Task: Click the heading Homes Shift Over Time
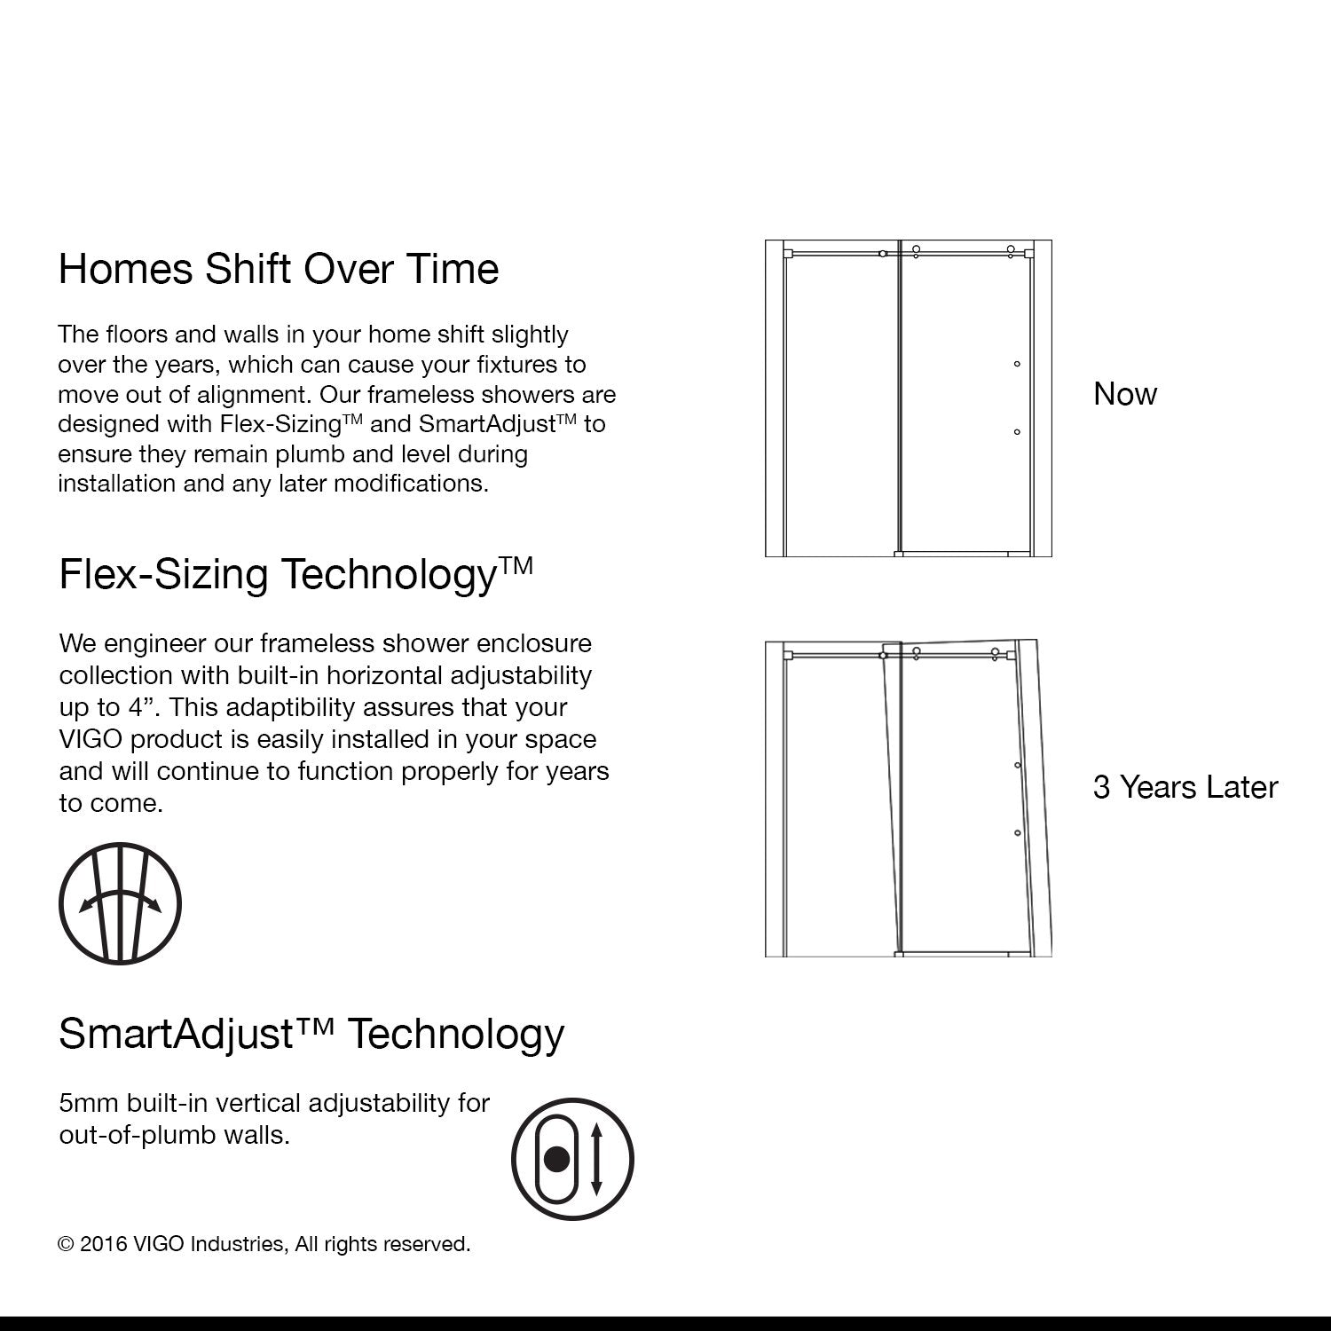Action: pos(278,269)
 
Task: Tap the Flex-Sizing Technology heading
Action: pos(295,574)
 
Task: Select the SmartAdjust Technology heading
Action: pos(311,1034)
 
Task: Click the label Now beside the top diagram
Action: pos(1125,394)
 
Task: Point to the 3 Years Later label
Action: pos(1185,787)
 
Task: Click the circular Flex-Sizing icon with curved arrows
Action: pos(120,904)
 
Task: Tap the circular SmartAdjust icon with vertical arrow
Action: pos(572,1159)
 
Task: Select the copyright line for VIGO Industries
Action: pos(264,1244)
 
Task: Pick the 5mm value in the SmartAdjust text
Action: pos(89,1103)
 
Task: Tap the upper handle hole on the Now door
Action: pos(1017,364)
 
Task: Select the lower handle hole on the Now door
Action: pos(1017,432)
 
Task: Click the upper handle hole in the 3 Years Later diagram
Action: pos(1018,765)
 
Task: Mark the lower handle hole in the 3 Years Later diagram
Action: pos(1018,833)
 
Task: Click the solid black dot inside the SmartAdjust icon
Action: pos(556,1159)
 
